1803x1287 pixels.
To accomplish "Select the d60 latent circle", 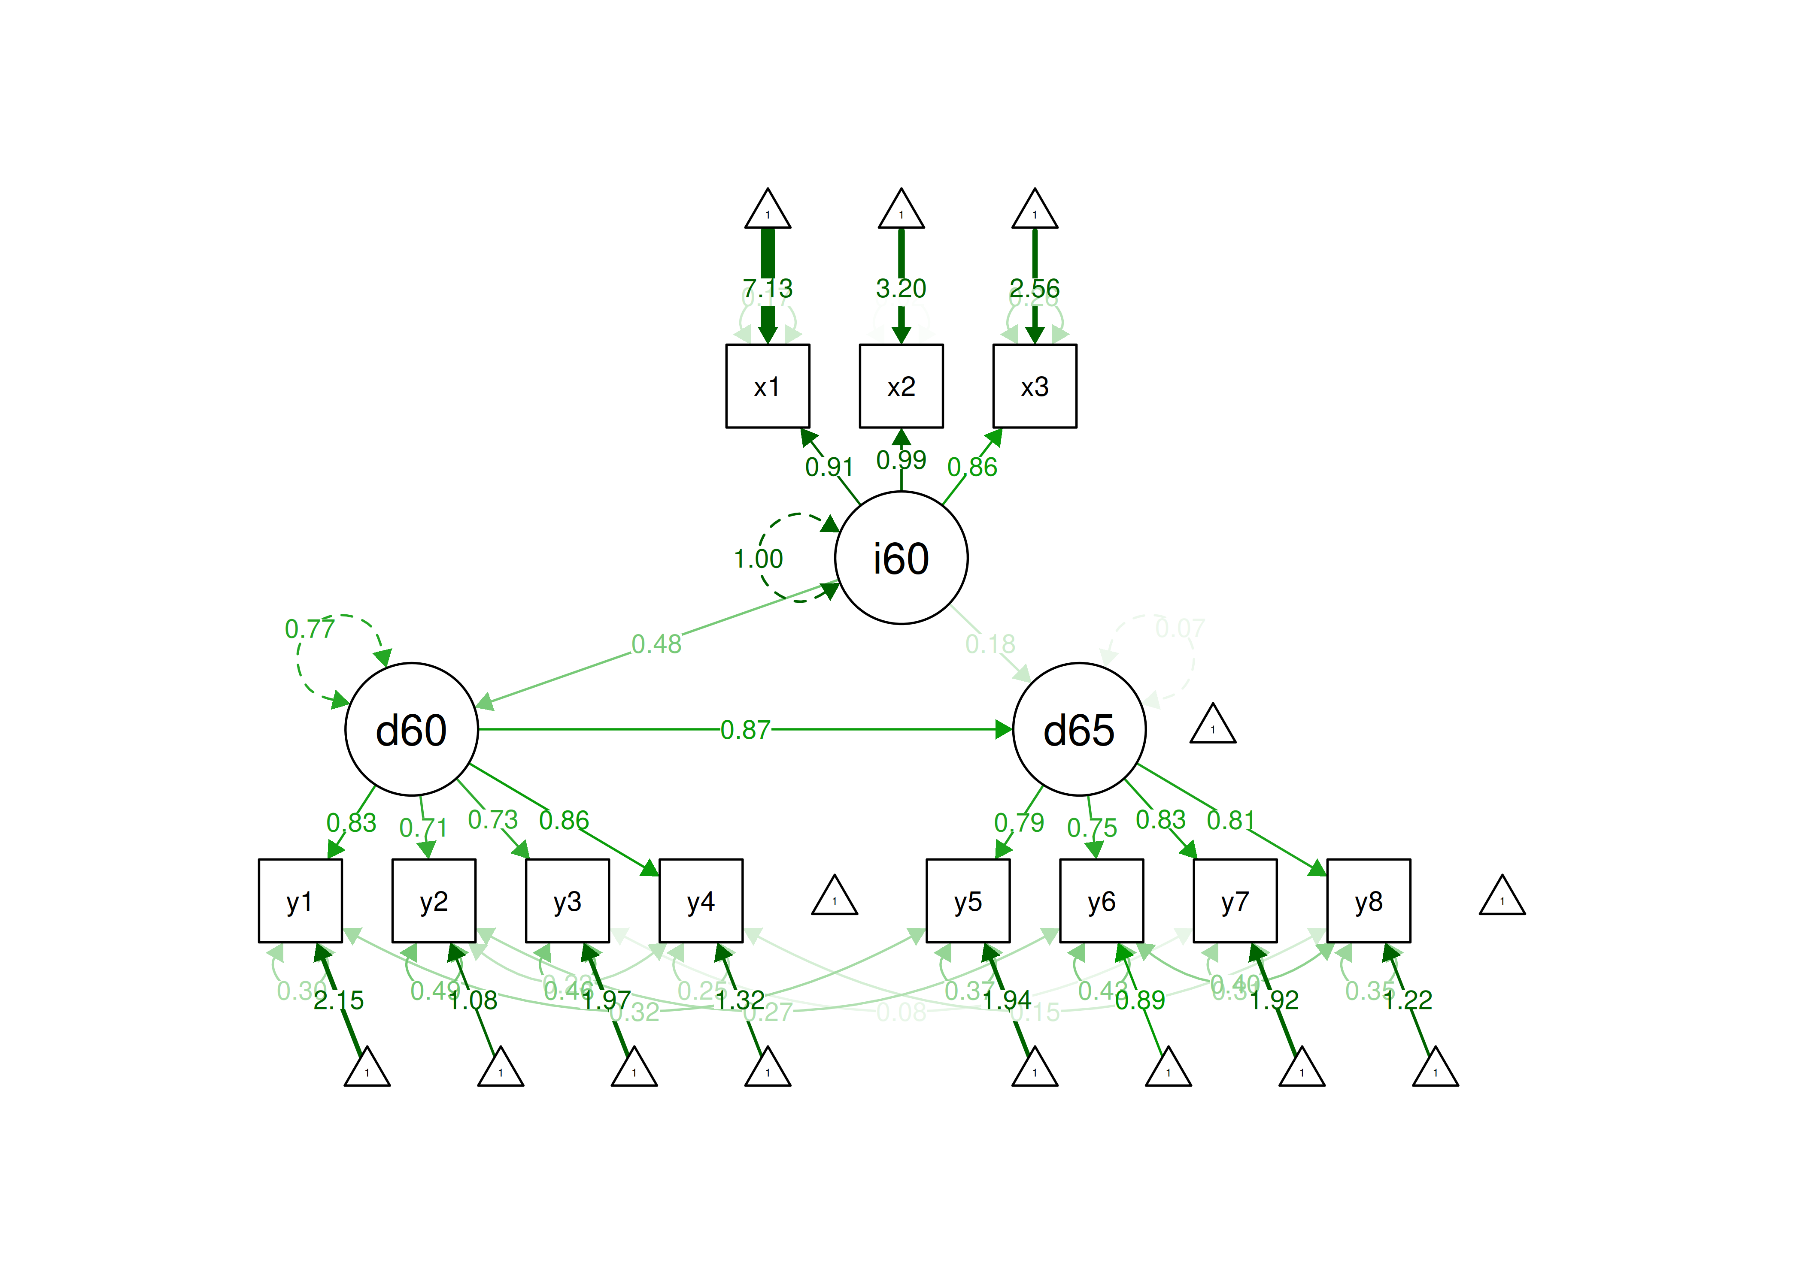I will pyautogui.click(x=412, y=729).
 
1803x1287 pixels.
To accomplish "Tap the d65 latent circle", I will pyautogui.click(x=1079, y=729).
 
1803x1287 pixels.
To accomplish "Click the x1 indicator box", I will pyautogui.click(x=768, y=386).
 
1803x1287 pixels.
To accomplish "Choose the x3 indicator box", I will pyautogui.click(x=1035, y=386).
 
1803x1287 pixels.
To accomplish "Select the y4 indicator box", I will pyautogui.click(x=701, y=900).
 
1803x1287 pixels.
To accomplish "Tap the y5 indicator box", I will pyautogui.click(x=968, y=900).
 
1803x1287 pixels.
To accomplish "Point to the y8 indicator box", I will pyautogui.click(x=1369, y=900).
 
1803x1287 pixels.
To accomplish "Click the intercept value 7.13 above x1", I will pyautogui.click(x=768, y=288).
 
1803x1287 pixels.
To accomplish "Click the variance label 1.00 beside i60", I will pyautogui.click(x=758, y=559).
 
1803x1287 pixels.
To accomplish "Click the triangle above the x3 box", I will pyautogui.click(x=1035, y=211).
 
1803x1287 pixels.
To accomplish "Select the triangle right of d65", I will pyautogui.click(x=1212, y=725).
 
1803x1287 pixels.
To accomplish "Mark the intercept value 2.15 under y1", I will pyautogui.click(x=339, y=1000).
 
